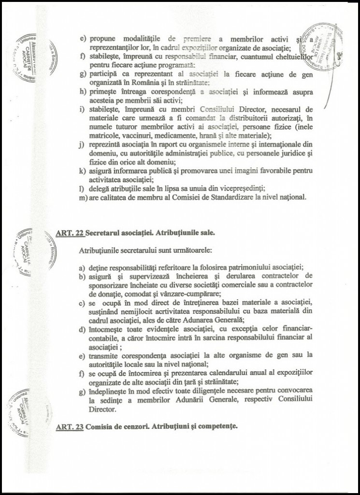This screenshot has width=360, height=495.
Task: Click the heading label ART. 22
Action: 70,233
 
